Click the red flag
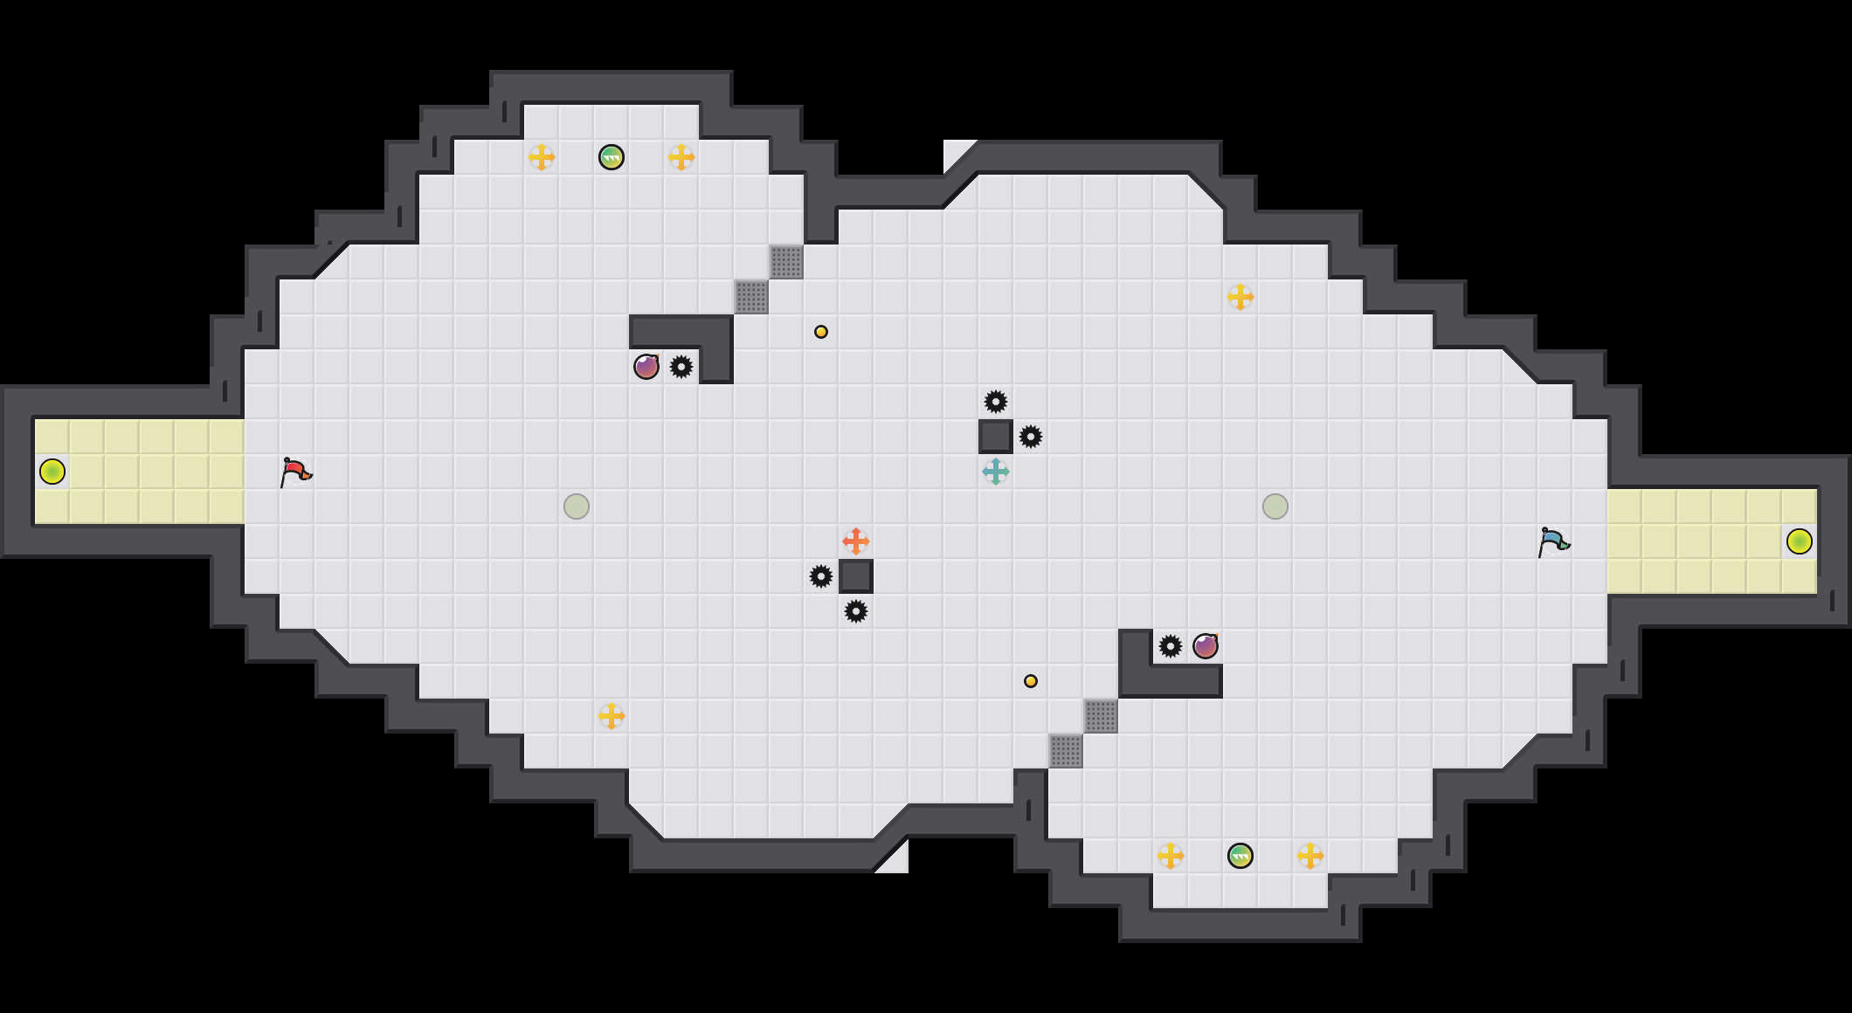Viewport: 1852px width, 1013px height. click(295, 472)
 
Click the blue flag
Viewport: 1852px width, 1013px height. click(1553, 541)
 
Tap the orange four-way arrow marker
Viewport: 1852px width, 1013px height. click(856, 541)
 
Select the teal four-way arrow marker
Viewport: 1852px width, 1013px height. click(996, 472)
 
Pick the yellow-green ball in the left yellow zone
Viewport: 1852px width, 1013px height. click(52, 472)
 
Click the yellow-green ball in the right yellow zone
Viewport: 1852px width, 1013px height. click(1800, 541)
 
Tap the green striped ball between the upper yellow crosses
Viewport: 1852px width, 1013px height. click(612, 157)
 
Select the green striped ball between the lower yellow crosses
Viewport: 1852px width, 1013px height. click(1240, 856)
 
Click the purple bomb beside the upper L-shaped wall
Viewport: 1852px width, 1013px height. click(646, 367)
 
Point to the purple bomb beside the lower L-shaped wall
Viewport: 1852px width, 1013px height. click(1206, 646)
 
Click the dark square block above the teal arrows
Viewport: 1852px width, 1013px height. click(996, 437)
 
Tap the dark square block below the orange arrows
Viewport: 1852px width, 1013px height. click(856, 576)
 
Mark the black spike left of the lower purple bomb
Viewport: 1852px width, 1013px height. click(1171, 646)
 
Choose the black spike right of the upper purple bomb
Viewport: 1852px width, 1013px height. click(681, 367)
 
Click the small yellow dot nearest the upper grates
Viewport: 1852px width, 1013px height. click(821, 332)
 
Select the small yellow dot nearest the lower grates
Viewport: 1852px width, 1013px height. click(1031, 681)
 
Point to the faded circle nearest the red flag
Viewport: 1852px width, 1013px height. click(577, 507)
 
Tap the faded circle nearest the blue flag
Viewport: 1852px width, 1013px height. click(1275, 507)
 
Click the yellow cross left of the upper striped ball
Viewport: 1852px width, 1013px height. click(542, 157)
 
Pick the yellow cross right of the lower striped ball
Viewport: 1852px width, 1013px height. click(1310, 856)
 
